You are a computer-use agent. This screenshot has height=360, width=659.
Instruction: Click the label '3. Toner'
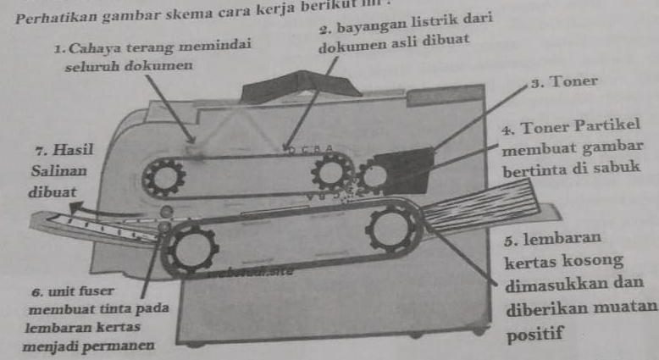tap(563, 83)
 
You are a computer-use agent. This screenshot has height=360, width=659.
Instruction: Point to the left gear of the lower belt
tap(191, 249)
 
